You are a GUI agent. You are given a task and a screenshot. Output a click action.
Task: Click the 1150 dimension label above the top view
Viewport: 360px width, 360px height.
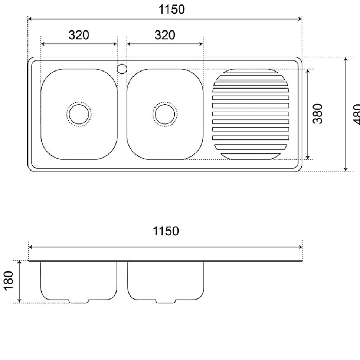(171, 10)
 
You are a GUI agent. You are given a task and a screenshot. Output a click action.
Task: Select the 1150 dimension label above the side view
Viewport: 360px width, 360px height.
(166, 231)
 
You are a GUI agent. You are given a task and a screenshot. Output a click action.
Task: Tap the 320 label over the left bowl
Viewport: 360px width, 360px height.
(79, 35)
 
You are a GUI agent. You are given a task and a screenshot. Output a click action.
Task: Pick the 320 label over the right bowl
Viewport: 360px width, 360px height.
(164, 35)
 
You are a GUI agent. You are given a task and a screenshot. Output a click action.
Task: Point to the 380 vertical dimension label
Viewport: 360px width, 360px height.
(318, 113)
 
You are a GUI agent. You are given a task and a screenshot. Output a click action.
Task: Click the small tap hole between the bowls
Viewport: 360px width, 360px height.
(122, 69)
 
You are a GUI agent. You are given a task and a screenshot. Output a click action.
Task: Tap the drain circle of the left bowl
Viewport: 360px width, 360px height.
(79, 114)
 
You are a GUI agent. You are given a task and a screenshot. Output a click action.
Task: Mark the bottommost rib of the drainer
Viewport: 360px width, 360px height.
(251, 156)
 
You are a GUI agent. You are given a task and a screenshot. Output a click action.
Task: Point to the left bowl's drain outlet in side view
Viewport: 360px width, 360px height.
(79, 301)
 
